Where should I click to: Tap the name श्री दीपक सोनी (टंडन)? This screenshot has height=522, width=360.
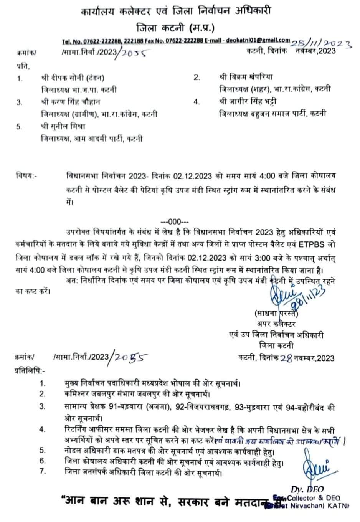(73, 78)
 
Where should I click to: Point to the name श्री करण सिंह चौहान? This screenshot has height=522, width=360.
(71, 102)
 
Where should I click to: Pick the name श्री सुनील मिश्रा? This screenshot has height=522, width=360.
(63, 126)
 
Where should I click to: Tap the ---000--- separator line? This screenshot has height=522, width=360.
(175, 221)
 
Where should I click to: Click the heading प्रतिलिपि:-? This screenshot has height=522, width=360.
(30, 371)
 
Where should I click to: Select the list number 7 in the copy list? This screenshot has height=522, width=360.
(43, 471)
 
